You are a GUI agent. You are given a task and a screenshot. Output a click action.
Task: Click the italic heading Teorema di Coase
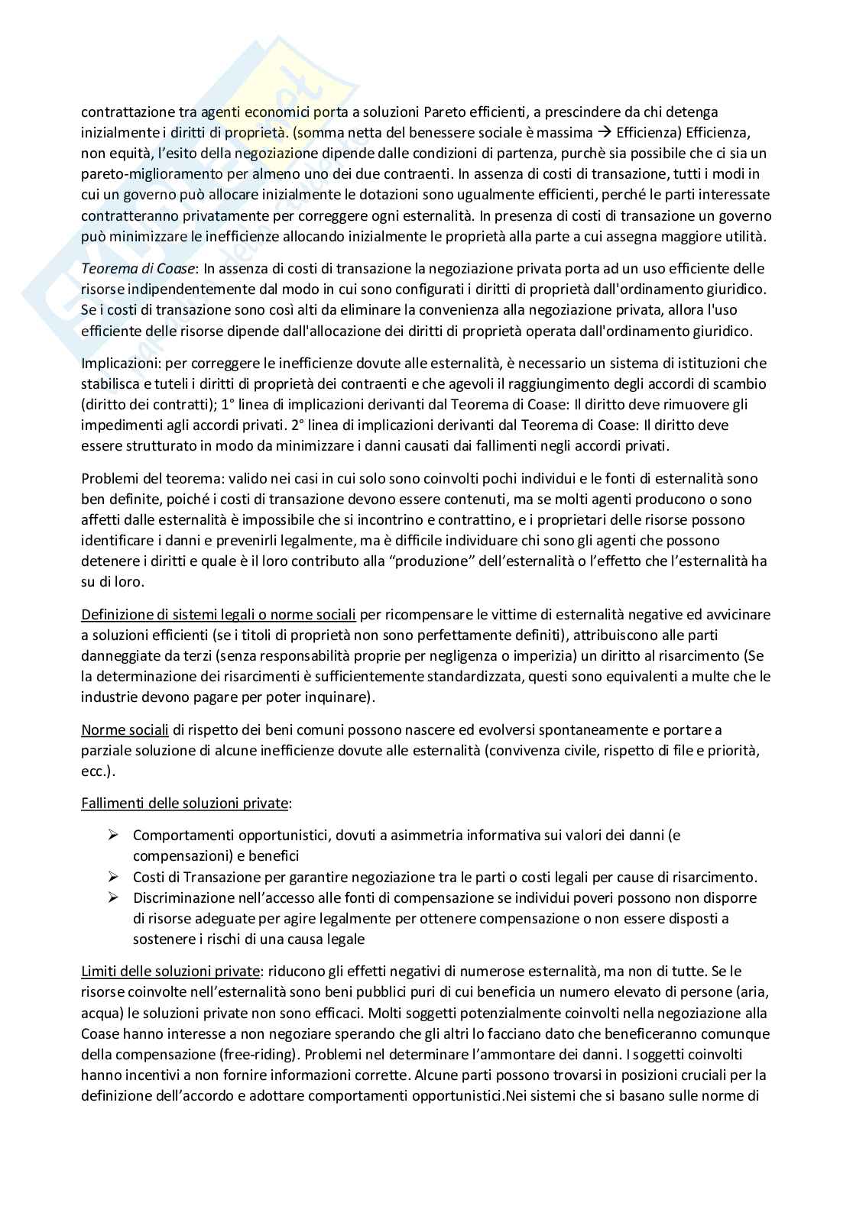tap(138, 269)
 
